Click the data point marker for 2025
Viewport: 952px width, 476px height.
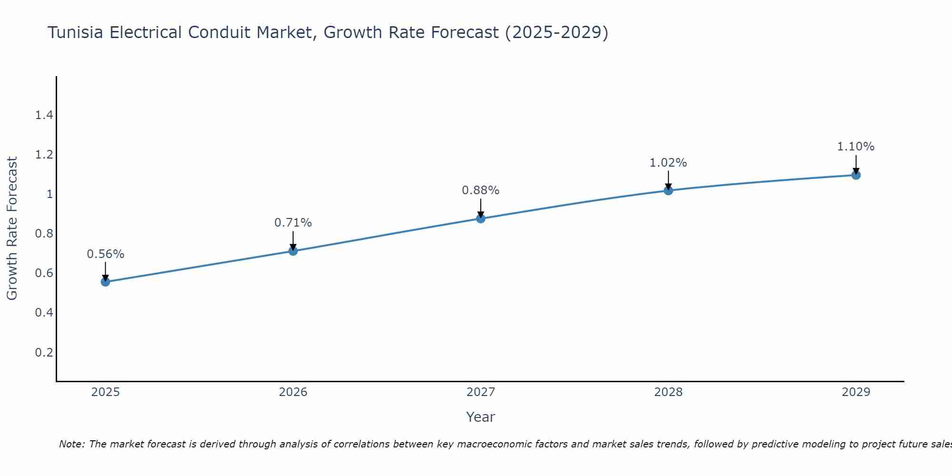pos(105,282)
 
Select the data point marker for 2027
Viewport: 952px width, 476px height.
pos(481,218)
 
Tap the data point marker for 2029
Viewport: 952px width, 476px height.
pos(856,175)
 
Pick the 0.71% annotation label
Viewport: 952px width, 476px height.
pos(293,222)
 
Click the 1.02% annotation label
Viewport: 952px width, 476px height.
pos(668,163)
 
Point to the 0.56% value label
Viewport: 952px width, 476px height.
pos(105,254)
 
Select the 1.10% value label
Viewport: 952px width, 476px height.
pos(856,147)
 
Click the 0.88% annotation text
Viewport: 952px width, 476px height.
pos(481,190)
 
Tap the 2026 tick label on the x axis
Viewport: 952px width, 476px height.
pos(293,392)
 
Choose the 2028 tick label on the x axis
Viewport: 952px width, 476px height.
pos(668,392)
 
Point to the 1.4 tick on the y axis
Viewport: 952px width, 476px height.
pos(44,115)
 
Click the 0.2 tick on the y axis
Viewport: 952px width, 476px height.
pos(44,352)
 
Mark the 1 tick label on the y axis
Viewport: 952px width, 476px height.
pos(50,194)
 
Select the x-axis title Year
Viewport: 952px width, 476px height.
pos(481,417)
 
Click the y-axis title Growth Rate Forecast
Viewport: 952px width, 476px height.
pos(12,228)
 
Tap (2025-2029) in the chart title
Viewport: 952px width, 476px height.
pos(556,32)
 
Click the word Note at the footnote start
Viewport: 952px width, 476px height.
pos(72,444)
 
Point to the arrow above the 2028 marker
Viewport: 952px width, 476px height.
pos(668,180)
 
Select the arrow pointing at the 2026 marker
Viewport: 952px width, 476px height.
pos(293,240)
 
